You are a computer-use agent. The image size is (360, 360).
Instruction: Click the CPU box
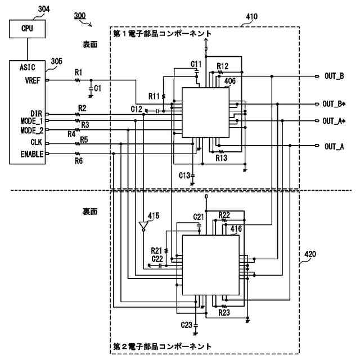[27, 29]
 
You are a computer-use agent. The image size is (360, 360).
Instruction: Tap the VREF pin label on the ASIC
[33, 80]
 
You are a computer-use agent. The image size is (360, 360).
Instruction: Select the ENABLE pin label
[32, 154]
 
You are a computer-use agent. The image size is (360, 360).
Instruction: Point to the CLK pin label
[37, 142]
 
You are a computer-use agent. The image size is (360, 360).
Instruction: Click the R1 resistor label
[79, 73]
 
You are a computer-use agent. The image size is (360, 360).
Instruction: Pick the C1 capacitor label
[97, 88]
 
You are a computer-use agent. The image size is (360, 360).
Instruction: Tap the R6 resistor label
[79, 161]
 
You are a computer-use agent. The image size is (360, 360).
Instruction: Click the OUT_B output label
[334, 76]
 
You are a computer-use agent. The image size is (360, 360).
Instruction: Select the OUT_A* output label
[334, 121]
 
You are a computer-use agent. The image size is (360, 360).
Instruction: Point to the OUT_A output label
[334, 146]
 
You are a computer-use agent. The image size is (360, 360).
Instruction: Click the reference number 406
[230, 81]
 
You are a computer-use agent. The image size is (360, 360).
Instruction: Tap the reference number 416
[236, 229]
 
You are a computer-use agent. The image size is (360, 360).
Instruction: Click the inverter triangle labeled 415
[143, 226]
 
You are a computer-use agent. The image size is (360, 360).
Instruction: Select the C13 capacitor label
[184, 175]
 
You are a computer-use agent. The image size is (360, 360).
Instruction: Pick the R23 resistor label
[224, 313]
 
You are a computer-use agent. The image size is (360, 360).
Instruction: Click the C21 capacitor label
[199, 217]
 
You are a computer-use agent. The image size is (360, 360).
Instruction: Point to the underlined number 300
[80, 16]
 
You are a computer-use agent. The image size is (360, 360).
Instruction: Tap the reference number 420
[310, 254]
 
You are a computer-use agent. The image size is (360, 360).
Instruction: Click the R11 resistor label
[154, 96]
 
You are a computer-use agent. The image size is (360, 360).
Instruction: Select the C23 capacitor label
[186, 325]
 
